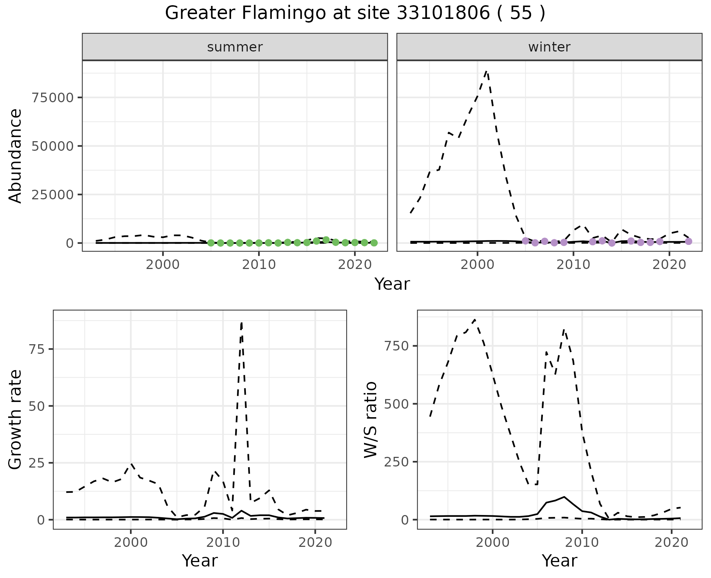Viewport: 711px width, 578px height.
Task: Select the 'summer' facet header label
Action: [235, 47]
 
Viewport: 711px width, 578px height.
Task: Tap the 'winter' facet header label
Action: [549, 47]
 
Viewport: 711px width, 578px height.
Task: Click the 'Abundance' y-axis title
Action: [16, 156]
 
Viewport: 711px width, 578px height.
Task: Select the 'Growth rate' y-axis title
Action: [16, 419]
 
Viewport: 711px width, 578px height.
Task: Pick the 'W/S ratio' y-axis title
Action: [370, 419]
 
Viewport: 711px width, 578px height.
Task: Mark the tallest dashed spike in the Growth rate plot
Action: [241, 323]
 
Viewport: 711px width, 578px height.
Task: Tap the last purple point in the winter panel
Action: [688, 241]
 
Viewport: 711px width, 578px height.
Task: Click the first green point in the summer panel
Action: [211, 243]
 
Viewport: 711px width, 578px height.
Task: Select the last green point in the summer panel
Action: [374, 243]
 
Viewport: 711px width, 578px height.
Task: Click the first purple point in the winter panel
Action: [525, 241]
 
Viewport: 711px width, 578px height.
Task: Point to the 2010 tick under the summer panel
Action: [259, 265]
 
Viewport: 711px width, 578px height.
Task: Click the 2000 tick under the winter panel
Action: [477, 265]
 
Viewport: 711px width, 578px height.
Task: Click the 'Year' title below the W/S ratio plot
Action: [559, 561]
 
